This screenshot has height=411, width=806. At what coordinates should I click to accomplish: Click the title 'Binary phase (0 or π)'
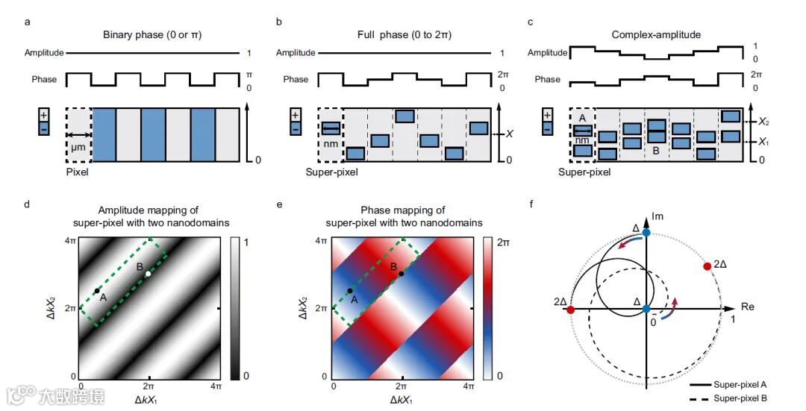(152, 35)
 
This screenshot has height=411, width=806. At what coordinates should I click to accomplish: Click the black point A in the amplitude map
(96, 291)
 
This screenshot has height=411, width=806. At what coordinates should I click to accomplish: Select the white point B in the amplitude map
(148, 274)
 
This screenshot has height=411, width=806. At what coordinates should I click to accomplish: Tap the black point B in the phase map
(402, 274)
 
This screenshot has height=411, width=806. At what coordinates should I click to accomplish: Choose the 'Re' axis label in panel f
(747, 307)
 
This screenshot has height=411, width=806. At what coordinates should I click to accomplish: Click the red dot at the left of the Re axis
(572, 309)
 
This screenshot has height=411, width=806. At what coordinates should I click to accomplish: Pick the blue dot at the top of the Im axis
(646, 233)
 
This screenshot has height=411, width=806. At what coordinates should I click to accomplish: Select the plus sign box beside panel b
(296, 116)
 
